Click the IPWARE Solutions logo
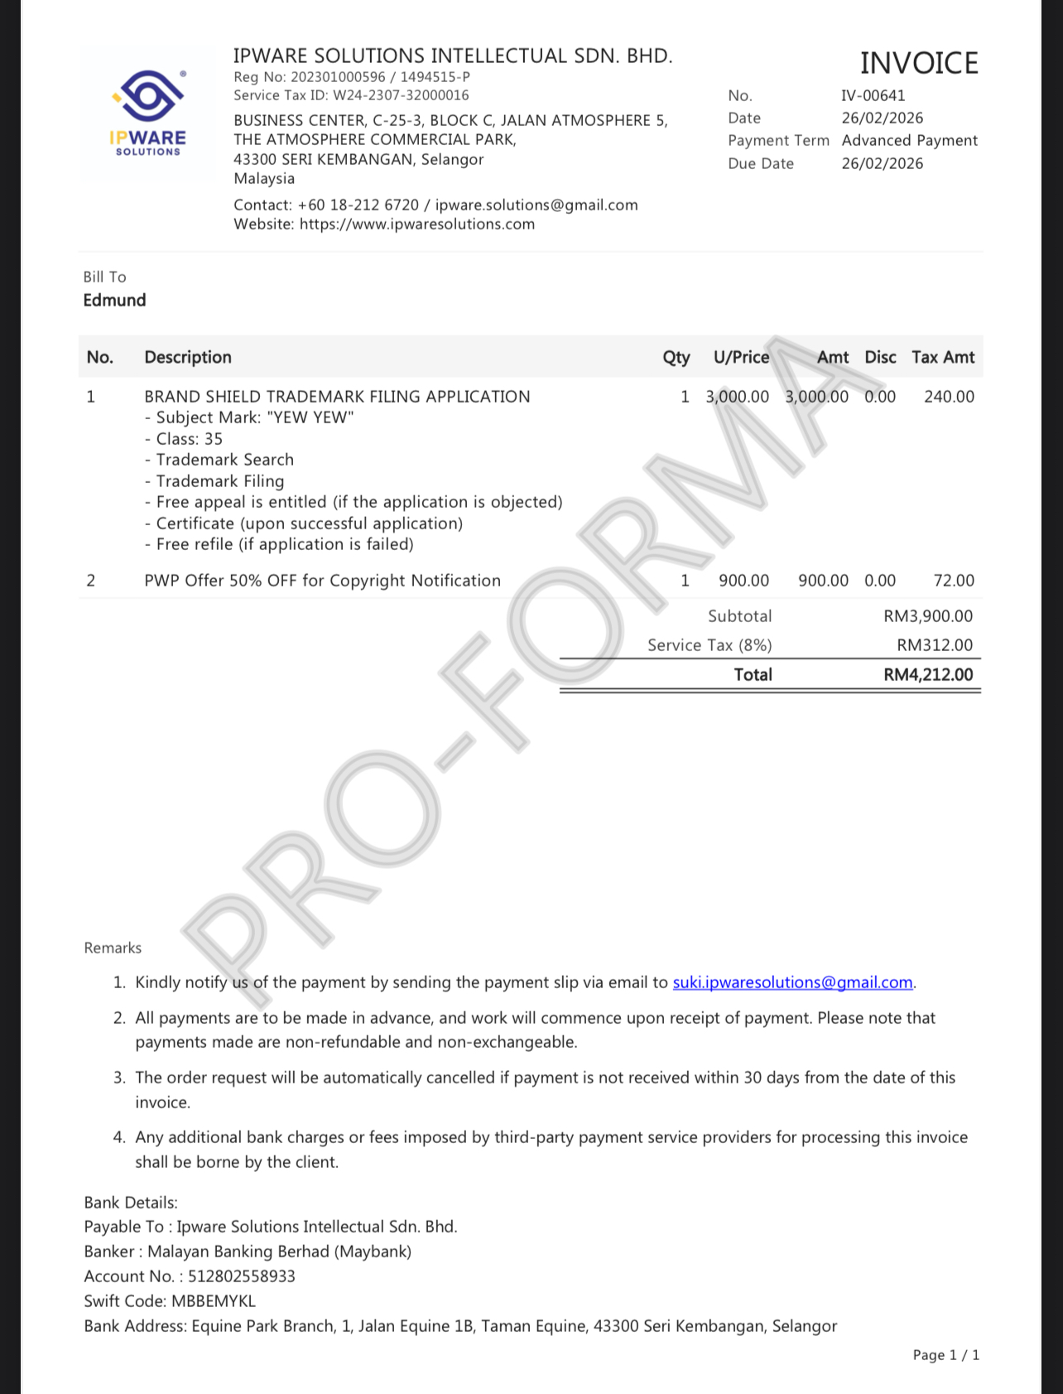[148, 113]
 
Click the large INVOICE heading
[919, 63]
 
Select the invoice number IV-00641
[873, 95]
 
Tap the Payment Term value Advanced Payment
[909, 140]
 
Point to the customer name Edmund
[114, 300]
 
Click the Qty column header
[676, 357]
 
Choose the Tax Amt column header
[943, 357]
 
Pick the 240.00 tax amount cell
[949, 397]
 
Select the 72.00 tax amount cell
[954, 581]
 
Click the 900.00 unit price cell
[743, 581]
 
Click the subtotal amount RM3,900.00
[928, 616]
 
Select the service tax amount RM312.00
[935, 645]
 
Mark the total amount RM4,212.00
[928, 675]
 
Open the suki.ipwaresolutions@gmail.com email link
[792, 982]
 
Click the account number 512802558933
[241, 1276]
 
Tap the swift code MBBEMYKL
[214, 1301]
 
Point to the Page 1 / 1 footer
[945, 1355]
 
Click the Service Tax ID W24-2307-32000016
[401, 95]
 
